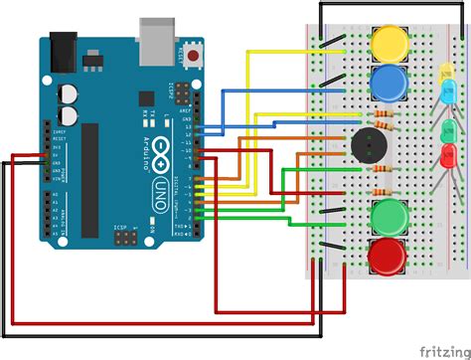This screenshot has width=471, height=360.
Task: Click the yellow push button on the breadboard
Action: click(x=389, y=42)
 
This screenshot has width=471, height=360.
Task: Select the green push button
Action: click(x=389, y=215)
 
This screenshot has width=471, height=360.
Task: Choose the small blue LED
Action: click(x=449, y=92)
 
